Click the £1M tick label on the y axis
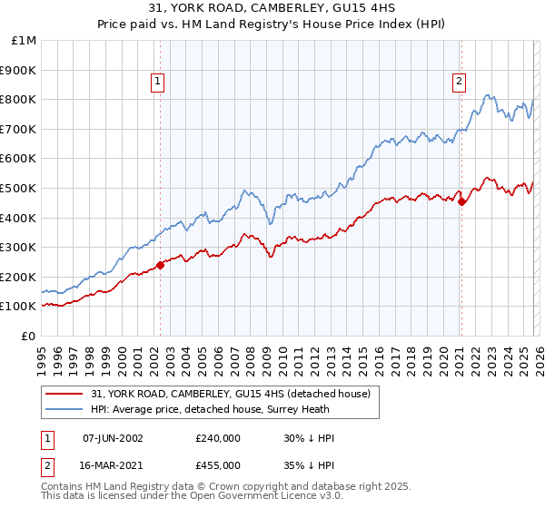24,41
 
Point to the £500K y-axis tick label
18,189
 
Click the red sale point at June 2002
161,265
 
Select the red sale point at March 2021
461,201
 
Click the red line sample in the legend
64,395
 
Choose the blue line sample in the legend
64,410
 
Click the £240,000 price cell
218,438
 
